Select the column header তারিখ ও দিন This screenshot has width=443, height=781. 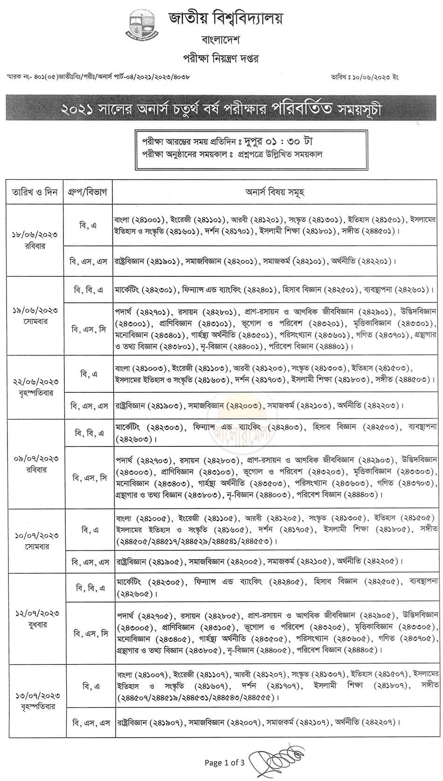pyautogui.click(x=35, y=192)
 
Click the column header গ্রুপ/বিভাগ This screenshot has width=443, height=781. pyautogui.click(x=89, y=192)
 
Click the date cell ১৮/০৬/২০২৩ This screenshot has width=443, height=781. pyautogui.click(x=35, y=236)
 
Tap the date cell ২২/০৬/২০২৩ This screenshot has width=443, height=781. pyautogui.click(x=35, y=383)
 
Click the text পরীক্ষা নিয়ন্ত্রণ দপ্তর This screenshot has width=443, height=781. pyautogui.click(x=220, y=59)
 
